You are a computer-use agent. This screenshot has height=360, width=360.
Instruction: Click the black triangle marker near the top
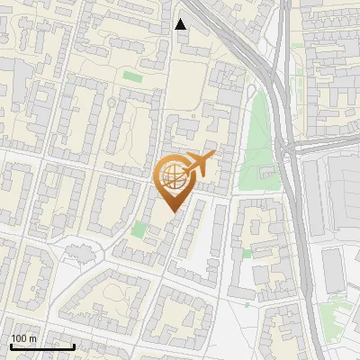tap(181, 24)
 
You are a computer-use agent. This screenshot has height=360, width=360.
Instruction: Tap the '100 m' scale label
tap(23, 338)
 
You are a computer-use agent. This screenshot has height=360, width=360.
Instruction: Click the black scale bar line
tap(42, 346)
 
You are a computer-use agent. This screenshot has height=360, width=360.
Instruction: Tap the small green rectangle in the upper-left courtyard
tap(132, 77)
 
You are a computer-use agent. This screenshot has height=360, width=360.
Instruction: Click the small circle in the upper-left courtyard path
tap(111, 102)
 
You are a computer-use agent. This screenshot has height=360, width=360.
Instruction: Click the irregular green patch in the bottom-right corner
tap(335, 315)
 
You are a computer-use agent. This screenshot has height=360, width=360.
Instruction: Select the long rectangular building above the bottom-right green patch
tap(332, 271)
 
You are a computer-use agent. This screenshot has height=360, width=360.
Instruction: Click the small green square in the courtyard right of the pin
tap(247, 254)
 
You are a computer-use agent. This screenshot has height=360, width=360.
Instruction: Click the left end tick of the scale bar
tap(10, 346)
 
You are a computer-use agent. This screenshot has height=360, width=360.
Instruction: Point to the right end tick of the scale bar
tap(74, 346)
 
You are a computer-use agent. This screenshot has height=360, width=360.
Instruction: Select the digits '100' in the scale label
tap(19, 338)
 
